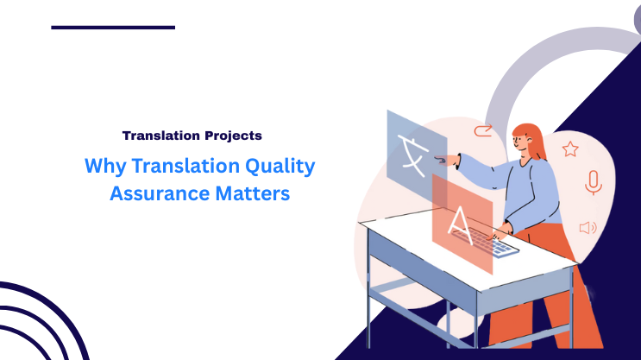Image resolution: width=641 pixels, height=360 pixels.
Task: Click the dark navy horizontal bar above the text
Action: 113,28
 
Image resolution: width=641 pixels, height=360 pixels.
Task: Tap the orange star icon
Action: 570,149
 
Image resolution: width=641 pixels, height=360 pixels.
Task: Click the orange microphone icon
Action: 593,182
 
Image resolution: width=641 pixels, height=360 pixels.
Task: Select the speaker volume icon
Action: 588,228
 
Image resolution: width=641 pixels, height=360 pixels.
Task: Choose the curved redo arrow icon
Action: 481,132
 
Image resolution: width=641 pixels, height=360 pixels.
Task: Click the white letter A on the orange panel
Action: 461,223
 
